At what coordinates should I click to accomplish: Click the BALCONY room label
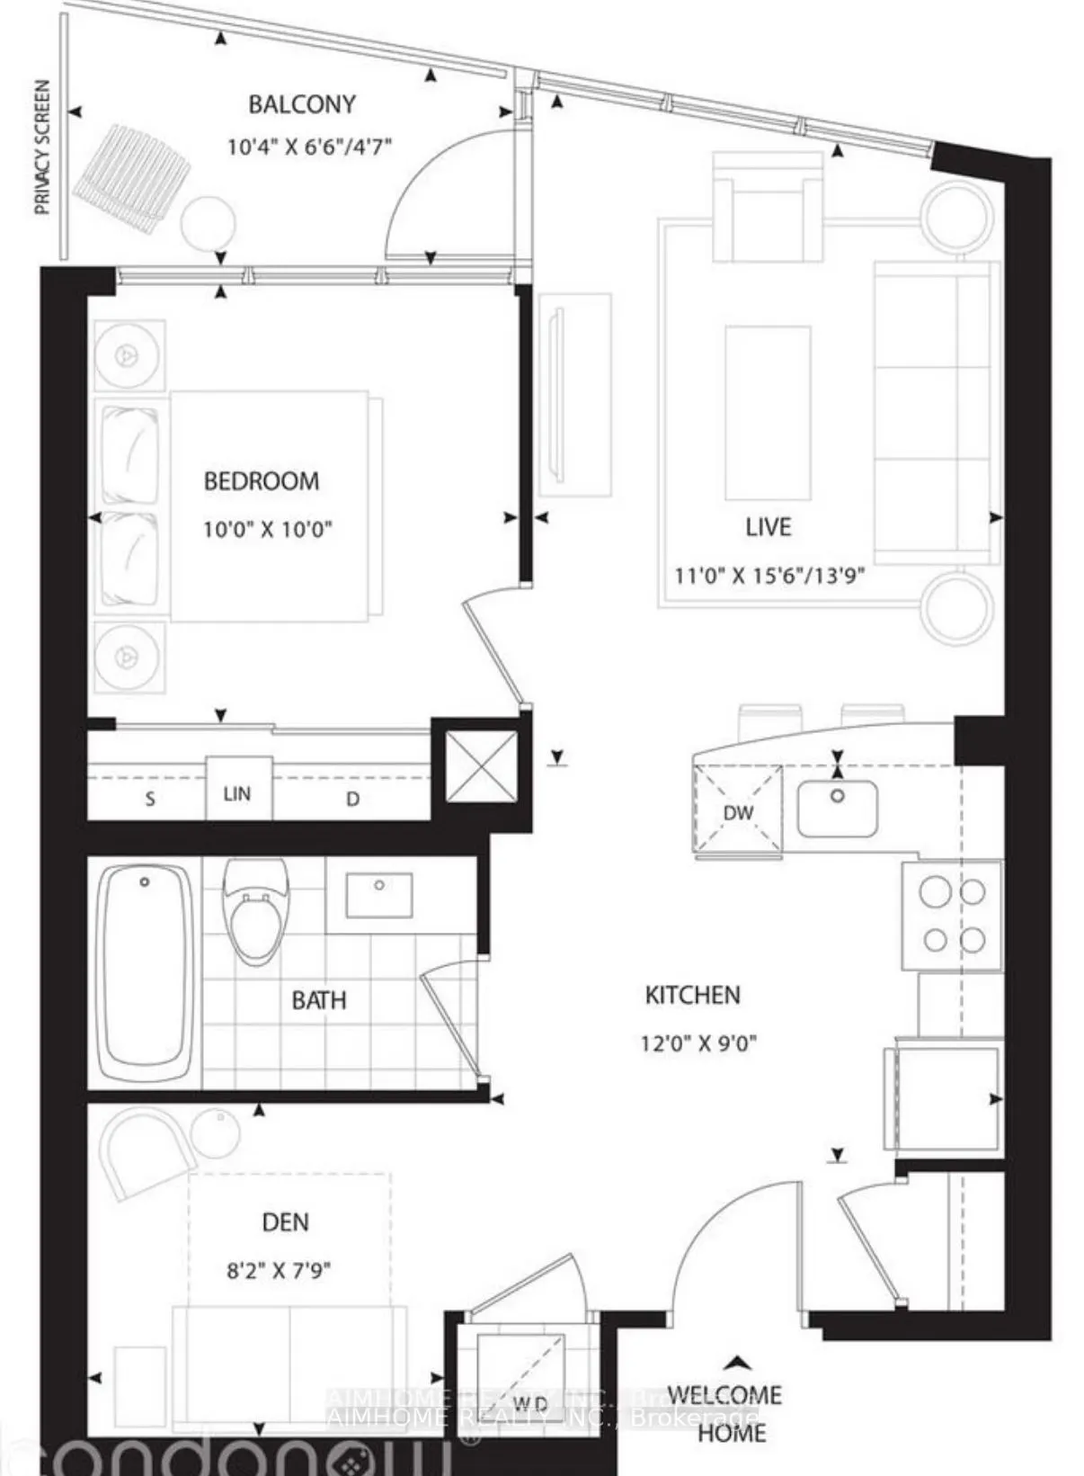[x=302, y=104]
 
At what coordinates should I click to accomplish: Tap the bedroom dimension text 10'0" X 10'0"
[x=267, y=529]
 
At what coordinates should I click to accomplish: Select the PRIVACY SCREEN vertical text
[x=42, y=148]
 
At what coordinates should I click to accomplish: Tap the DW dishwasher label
[x=738, y=813]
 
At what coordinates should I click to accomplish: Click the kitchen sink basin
[x=837, y=807]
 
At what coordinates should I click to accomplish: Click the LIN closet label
[x=237, y=793]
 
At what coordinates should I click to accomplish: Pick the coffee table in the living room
[x=768, y=413]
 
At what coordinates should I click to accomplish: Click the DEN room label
[x=285, y=1222]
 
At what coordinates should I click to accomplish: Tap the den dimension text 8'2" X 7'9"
[x=279, y=1270]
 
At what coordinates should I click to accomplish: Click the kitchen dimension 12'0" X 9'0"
[x=698, y=1043]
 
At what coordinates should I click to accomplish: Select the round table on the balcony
[x=209, y=224]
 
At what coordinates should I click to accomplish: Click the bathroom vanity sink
[x=379, y=894]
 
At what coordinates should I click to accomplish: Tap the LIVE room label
[x=769, y=527]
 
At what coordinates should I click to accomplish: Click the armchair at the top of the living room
[x=767, y=207]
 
